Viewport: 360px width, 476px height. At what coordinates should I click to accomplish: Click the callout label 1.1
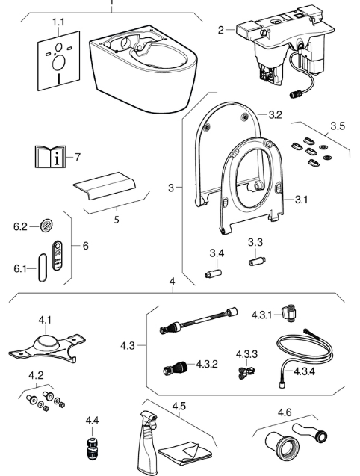(58, 22)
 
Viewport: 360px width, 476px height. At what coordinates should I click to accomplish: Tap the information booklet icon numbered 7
(50, 156)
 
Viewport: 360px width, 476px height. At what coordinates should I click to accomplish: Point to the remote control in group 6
(58, 255)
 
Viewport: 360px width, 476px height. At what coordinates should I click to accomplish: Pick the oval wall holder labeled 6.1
(43, 268)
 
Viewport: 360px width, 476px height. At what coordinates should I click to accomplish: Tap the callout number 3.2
(276, 115)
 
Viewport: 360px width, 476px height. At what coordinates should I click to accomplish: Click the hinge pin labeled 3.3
(257, 261)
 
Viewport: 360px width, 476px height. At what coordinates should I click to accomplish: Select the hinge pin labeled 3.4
(213, 273)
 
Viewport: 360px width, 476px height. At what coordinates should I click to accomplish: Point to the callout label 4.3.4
(305, 371)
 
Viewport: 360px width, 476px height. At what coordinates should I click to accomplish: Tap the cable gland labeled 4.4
(92, 448)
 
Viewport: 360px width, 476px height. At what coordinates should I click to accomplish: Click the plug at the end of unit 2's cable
(295, 94)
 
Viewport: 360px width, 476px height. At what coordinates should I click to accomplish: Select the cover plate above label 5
(104, 186)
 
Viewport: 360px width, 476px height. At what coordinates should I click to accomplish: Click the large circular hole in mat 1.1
(59, 64)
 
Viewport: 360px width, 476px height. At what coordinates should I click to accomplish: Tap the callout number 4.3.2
(207, 364)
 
